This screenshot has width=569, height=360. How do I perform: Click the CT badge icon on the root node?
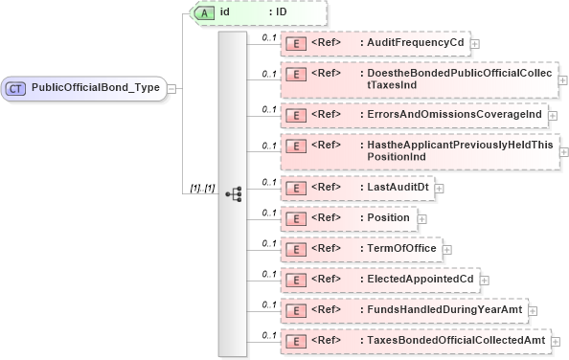click(x=17, y=88)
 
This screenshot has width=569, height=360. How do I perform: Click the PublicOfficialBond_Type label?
click(x=95, y=88)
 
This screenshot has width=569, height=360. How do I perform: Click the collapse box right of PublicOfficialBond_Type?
click(x=171, y=88)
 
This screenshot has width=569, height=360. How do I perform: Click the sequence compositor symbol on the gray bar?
click(x=233, y=192)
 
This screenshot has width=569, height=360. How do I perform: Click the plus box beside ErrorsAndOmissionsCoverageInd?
click(x=553, y=114)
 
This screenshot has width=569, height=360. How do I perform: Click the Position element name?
click(x=389, y=218)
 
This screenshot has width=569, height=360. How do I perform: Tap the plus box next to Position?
click(x=420, y=218)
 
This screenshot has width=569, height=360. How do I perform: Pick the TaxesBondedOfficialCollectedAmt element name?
click(x=457, y=340)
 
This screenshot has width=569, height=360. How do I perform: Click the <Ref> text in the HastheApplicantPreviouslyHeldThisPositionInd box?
click(x=328, y=145)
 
